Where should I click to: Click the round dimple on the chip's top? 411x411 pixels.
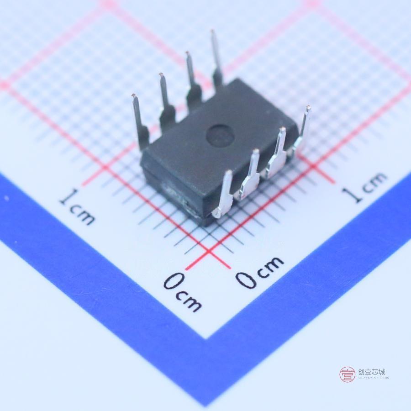[x=220, y=134]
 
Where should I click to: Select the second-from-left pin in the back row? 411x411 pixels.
[x=166, y=103]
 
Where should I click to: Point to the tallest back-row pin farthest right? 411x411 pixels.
[x=216, y=59]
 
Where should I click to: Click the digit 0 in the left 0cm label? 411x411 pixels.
[x=173, y=282]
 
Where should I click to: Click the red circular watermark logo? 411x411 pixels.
[x=347, y=374]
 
